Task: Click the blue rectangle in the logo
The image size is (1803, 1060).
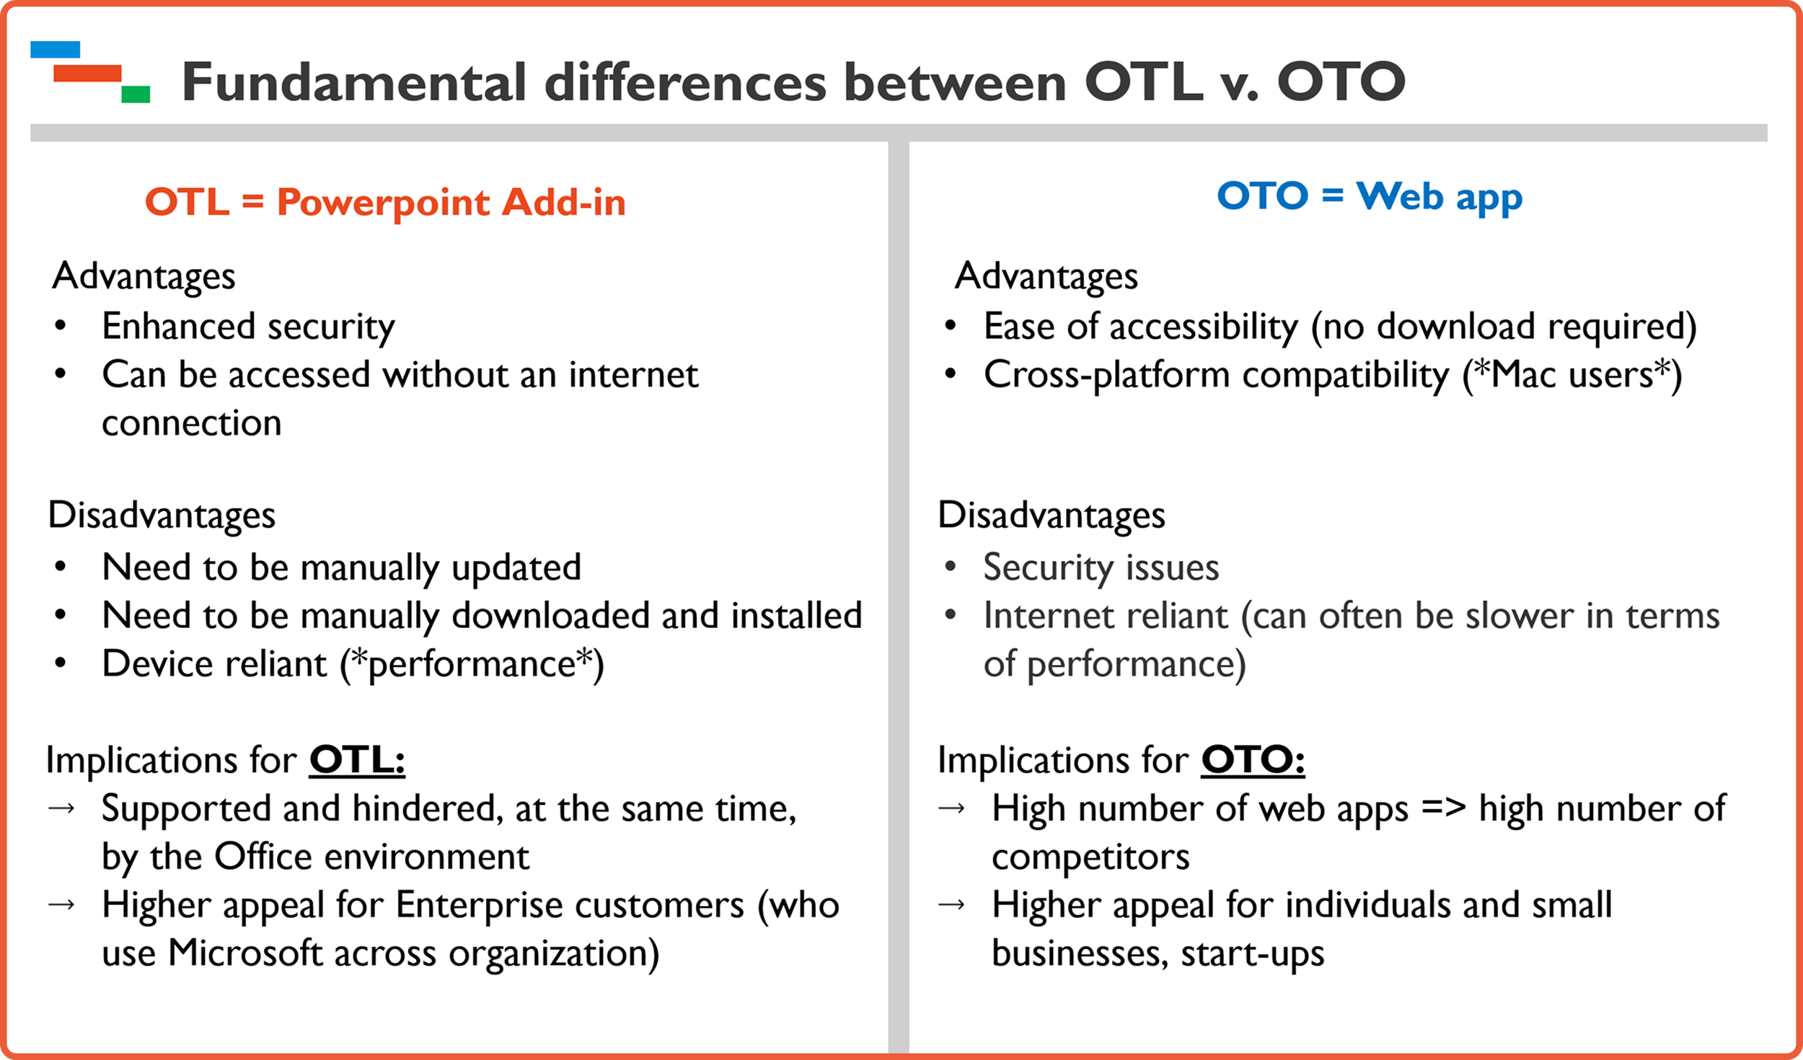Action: point(55,49)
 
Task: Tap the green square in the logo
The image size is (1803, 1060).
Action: point(136,94)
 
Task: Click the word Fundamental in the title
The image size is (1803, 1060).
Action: point(354,81)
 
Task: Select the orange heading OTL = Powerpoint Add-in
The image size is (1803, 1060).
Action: point(385,202)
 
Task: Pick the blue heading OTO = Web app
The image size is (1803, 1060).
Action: point(1370,196)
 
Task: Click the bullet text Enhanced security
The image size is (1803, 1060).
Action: point(248,327)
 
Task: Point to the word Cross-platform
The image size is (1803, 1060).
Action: point(1107,375)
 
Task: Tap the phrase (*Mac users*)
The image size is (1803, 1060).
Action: point(1572,375)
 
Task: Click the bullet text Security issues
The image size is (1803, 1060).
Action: point(1101,567)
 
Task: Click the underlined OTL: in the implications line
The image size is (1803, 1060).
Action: point(357,760)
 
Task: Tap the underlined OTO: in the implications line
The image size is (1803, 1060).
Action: point(1253,760)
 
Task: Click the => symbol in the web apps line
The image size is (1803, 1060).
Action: point(1444,808)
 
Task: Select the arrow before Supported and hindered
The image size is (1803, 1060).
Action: point(61,808)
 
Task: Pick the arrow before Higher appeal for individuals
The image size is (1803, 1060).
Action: point(951,904)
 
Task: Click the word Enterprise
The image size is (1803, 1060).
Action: point(570,906)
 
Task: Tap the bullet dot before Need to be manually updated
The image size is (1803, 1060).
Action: point(61,567)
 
